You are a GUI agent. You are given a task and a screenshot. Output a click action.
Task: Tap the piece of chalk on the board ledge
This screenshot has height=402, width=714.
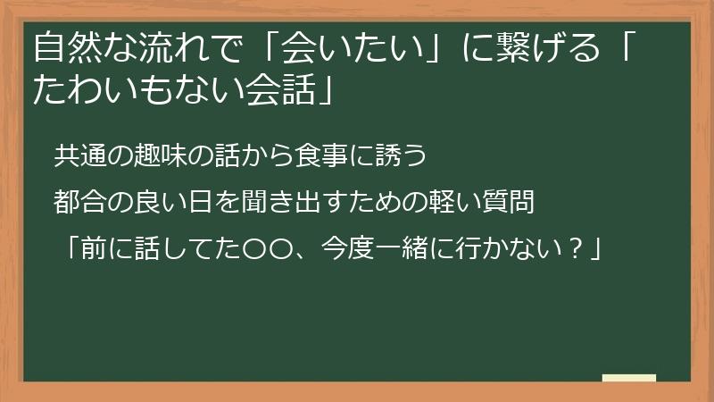628,378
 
